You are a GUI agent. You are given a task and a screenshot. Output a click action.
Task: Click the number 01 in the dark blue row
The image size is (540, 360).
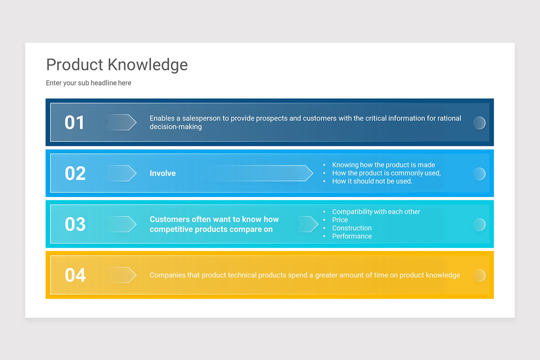tap(75, 122)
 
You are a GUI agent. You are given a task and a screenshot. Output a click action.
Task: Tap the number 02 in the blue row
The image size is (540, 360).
tap(75, 173)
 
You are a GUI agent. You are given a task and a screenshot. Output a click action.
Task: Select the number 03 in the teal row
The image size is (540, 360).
tap(75, 224)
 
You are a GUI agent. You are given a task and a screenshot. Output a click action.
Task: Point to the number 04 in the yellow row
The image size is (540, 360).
tap(75, 275)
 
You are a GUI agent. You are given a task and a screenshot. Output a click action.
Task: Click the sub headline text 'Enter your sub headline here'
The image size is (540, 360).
tap(89, 83)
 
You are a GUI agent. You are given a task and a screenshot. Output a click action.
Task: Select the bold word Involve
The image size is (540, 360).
tap(162, 173)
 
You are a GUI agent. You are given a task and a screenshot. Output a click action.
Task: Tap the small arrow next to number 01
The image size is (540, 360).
tap(121, 122)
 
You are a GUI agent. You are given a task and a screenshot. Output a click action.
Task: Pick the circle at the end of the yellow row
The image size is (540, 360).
tap(479, 275)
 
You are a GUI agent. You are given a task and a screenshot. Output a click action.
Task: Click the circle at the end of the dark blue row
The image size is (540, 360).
tap(479, 123)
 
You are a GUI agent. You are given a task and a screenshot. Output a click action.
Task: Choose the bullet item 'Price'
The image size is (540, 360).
tap(340, 220)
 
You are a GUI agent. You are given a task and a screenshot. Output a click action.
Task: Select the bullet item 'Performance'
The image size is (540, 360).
tap(352, 236)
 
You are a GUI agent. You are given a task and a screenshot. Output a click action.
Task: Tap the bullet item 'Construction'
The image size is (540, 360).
tap(352, 228)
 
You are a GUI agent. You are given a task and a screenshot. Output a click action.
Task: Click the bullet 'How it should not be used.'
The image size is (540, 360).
tap(372, 181)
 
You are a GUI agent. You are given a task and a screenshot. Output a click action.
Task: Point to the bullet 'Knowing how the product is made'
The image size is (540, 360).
tap(383, 165)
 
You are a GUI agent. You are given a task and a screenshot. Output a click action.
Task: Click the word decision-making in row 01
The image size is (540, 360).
tap(175, 127)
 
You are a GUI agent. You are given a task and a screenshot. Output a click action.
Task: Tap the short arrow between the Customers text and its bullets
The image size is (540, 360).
tap(308, 224)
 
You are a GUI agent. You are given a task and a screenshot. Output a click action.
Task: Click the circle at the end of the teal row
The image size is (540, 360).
tap(479, 224)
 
